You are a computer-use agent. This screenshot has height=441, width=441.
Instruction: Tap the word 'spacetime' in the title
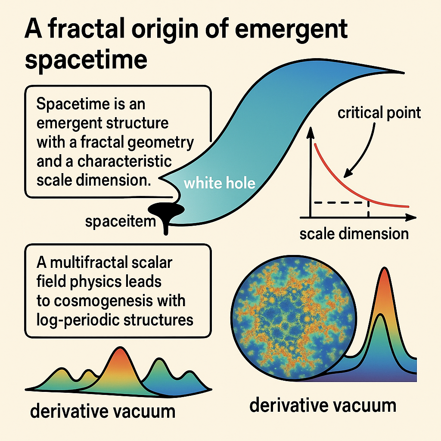coord(86,60)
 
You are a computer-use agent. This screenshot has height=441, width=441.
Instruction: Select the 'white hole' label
coord(220,184)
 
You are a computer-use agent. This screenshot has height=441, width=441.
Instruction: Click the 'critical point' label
coord(379,113)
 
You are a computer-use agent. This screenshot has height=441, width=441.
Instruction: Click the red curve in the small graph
coord(345,181)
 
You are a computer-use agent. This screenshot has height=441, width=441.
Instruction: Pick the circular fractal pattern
coord(294,317)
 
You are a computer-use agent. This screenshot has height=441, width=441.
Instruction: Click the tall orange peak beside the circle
coord(385,293)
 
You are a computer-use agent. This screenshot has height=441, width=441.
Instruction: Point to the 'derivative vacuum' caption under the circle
coord(323,405)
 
